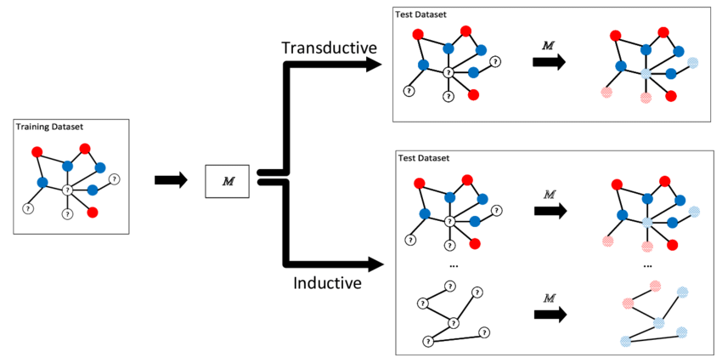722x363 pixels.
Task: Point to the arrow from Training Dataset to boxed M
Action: (x=171, y=180)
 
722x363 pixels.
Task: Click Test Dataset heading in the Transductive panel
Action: (x=421, y=14)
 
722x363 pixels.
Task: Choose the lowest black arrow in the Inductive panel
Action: (x=549, y=314)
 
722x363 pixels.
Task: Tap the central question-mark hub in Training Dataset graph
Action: (x=66, y=190)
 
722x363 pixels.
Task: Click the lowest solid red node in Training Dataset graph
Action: (x=93, y=212)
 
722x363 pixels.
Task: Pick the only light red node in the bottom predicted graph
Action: (x=628, y=303)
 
